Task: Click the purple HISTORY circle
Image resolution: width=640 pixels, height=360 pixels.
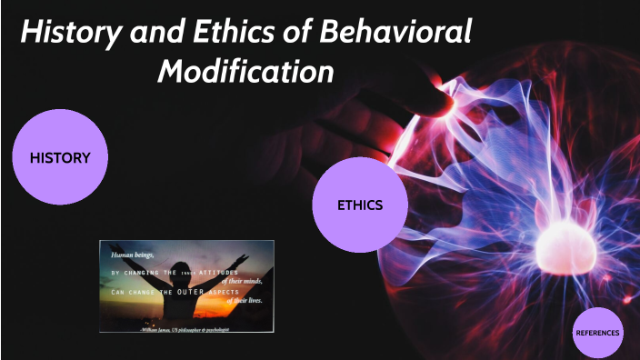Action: coord(60,157)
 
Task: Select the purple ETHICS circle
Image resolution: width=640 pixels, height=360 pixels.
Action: coord(359,205)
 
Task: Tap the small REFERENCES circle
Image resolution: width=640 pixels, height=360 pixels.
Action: coord(598,333)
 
